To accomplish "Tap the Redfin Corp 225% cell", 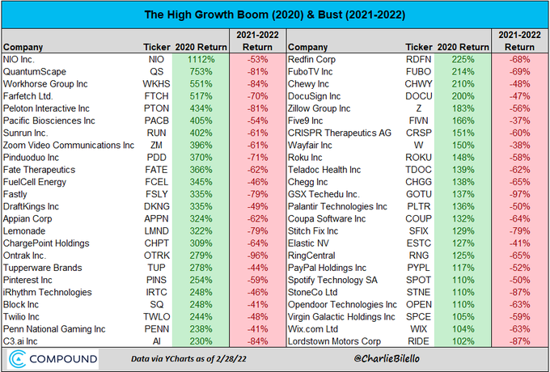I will pyautogui.click(x=458, y=60).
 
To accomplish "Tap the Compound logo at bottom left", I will pyautogui.click(x=52, y=358).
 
